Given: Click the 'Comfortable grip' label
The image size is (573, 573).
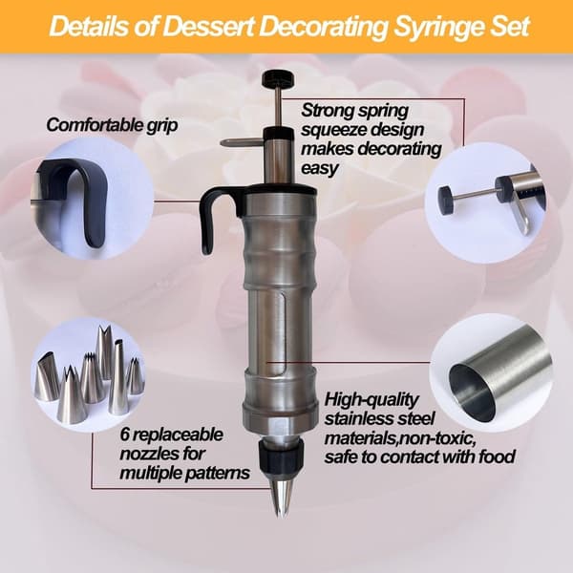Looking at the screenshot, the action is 112,125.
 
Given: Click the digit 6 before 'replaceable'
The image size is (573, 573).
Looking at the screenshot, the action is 125,435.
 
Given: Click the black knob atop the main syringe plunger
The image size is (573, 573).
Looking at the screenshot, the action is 279,78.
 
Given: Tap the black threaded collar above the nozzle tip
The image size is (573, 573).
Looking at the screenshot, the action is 281,456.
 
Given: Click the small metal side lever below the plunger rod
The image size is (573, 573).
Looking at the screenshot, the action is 243,143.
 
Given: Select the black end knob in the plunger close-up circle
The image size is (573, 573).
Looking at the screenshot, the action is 446,200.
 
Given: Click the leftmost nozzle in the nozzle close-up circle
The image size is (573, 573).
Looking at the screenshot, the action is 48,376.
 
